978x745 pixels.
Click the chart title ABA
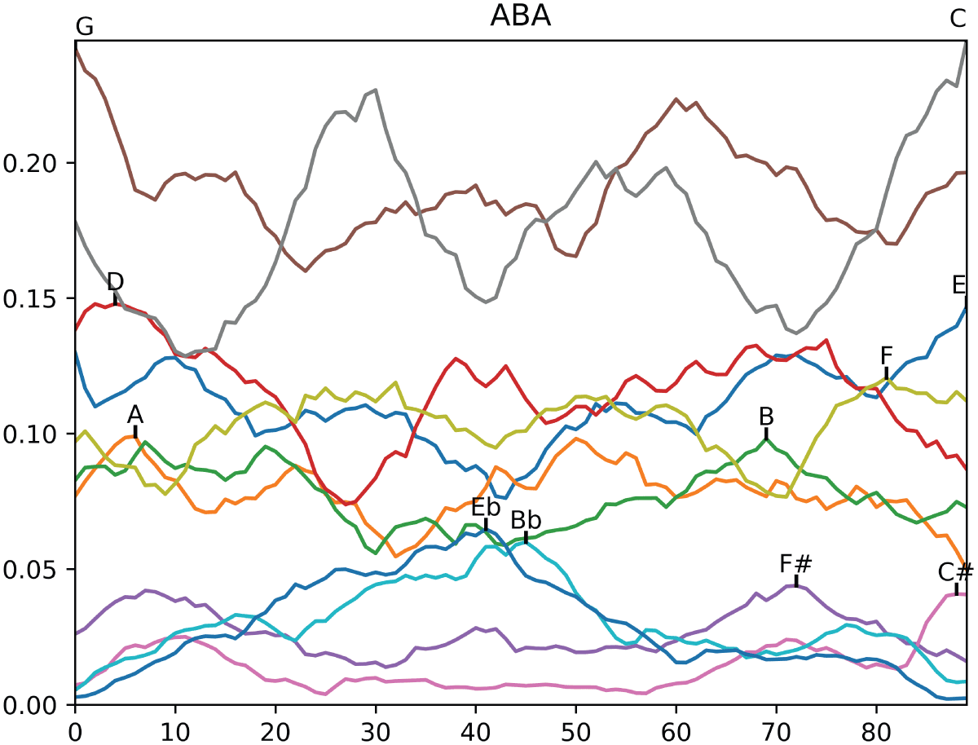pos(520,16)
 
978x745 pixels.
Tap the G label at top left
pos(84,26)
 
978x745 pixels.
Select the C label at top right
pos(958,18)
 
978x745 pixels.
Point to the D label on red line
pos(115,282)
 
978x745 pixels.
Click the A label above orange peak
pos(135,414)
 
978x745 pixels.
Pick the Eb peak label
pos(486,507)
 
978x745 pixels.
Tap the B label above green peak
pos(766,417)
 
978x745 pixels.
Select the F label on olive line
pos(887,356)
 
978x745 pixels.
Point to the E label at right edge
pos(958,285)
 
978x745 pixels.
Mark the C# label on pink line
pos(956,572)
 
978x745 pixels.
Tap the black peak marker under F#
pos(796,581)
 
